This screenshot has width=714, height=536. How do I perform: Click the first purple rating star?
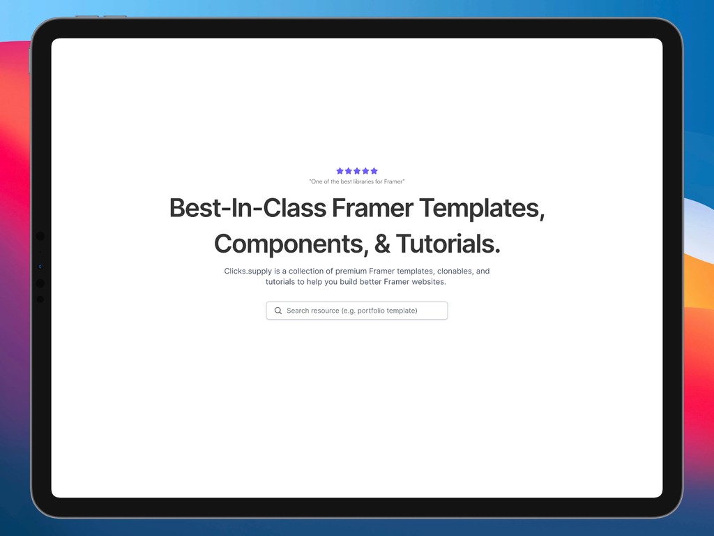point(340,171)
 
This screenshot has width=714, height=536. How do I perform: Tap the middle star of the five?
point(357,171)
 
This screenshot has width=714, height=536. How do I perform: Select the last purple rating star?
point(374,171)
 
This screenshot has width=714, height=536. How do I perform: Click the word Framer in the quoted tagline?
point(393,181)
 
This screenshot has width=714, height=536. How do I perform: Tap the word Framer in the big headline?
point(373,208)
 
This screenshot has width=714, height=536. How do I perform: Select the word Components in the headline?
point(290,244)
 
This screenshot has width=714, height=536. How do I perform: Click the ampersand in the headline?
point(382,244)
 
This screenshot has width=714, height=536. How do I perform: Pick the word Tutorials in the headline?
point(448,244)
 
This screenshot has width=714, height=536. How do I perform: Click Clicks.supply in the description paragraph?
point(248,271)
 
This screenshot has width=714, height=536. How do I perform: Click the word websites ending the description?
point(427,282)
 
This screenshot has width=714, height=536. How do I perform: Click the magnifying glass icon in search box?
point(278,311)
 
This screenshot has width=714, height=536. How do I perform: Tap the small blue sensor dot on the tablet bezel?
point(40,267)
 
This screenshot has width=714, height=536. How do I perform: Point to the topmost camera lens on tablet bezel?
point(40,237)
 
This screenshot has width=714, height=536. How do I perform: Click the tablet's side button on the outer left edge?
point(29,61)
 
